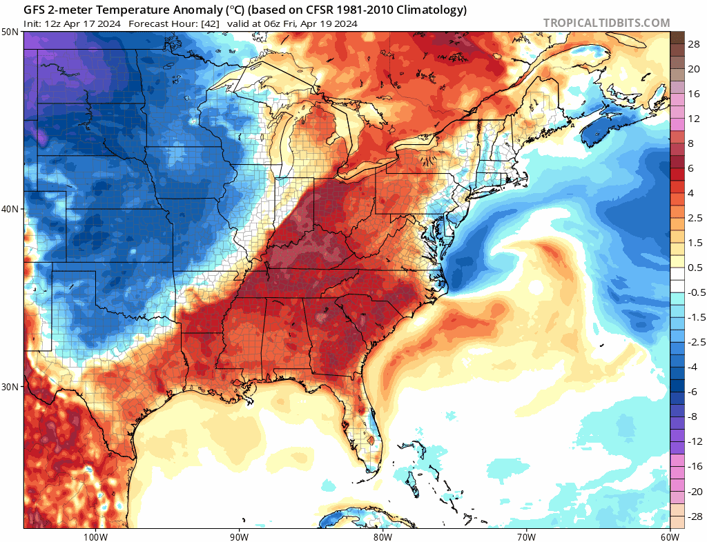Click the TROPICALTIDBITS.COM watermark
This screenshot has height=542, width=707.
pyautogui.click(x=606, y=23)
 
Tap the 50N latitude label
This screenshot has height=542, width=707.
pyautogui.click(x=10, y=32)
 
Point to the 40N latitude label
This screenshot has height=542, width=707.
pyautogui.click(x=10, y=209)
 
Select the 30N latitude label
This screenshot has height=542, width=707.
pyautogui.click(x=10, y=386)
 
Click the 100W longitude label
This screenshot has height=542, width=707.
pyautogui.click(x=95, y=536)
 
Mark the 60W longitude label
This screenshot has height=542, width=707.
pyautogui.click(x=668, y=536)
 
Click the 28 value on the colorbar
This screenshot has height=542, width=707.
pyautogui.click(x=694, y=43)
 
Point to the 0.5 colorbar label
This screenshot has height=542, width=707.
pyautogui.click(x=695, y=267)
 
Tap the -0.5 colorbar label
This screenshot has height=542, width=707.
pyautogui.click(x=695, y=292)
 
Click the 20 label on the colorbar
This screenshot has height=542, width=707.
pyautogui.click(x=694, y=68)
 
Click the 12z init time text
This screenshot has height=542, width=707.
pyautogui.click(x=51, y=23)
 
